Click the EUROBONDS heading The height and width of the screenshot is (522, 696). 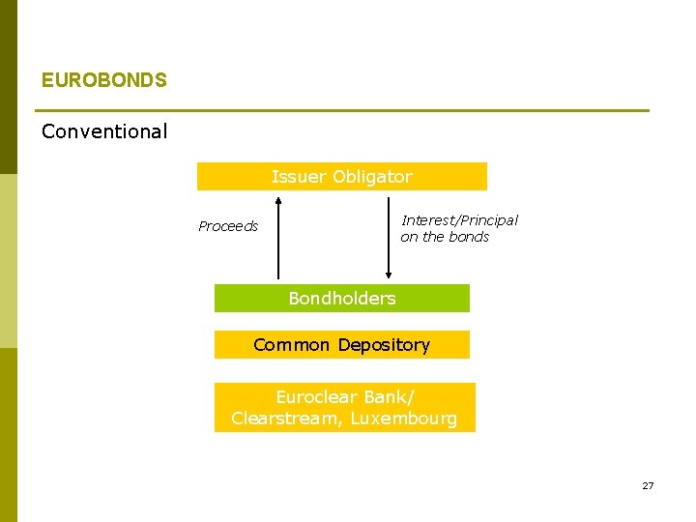tap(103, 80)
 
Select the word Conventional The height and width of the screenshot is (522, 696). tap(104, 131)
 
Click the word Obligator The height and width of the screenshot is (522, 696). tap(372, 177)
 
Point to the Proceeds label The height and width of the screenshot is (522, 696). tap(228, 226)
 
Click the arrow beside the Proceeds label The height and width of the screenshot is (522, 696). tap(278, 238)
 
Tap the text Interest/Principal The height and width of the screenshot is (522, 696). tap(459, 220)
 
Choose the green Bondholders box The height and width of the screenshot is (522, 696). tap(341, 299)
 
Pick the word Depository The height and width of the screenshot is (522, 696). tap(384, 345)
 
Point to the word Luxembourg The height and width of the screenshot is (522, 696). tap(403, 419)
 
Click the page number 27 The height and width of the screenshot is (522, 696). tap(648, 485)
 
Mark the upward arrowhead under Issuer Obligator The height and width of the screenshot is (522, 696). tap(278, 201)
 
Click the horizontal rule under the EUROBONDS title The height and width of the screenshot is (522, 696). tap(344, 110)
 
